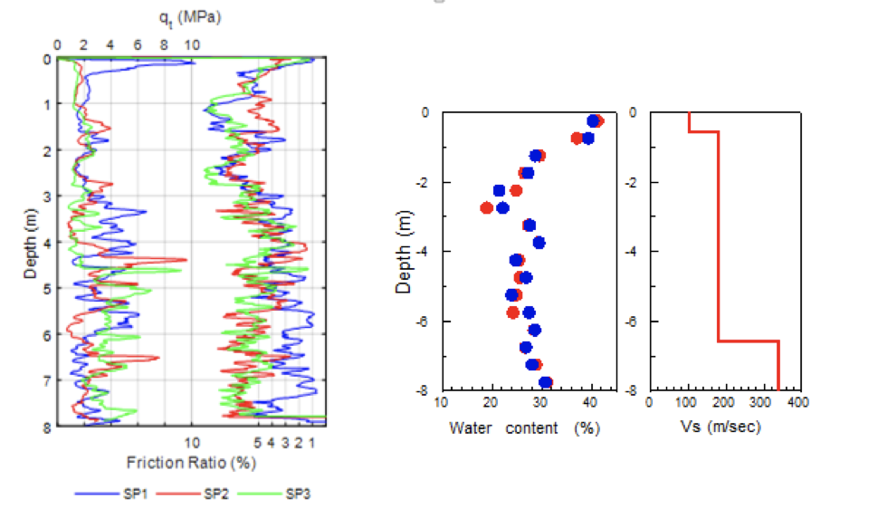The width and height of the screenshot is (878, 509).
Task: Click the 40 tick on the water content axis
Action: click(591, 403)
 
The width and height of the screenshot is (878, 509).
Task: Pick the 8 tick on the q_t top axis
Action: click(165, 43)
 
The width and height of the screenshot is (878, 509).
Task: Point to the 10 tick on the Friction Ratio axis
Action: click(193, 443)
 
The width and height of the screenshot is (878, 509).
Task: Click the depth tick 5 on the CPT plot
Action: click(46, 288)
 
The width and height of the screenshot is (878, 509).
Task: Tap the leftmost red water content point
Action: click(487, 207)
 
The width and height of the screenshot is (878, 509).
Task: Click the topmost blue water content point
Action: click(593, 120)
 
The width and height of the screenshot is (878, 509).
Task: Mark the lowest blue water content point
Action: click(545, 382)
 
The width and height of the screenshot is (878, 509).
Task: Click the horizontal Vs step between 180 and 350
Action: click(749, 341)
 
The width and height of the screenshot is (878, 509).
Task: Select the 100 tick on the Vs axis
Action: click(688, 403)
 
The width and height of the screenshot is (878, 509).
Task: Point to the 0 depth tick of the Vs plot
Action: click(636, 112)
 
